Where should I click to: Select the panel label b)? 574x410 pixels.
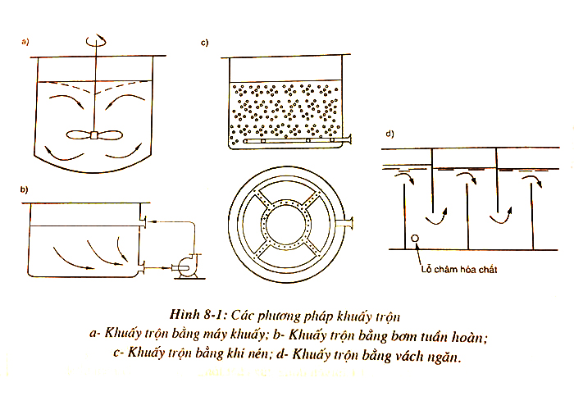coord(25,190)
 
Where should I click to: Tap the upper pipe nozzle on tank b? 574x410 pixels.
coord(143,221)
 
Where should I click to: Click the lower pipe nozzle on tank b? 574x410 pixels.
coord(143,264)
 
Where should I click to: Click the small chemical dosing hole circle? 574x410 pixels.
coord(415,239)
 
